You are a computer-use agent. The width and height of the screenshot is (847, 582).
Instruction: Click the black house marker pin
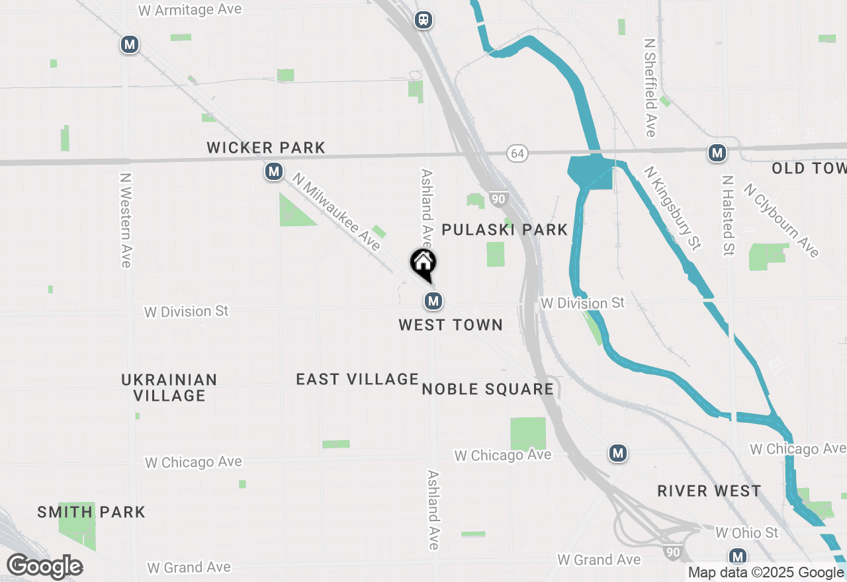click(x=423, y=264)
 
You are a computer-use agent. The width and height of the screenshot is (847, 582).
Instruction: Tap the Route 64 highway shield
click(x=517, y=153)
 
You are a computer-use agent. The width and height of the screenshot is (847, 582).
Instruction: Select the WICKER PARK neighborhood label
click(x=266, y=147)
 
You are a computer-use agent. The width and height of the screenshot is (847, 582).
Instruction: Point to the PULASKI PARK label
click(x=505, y=229)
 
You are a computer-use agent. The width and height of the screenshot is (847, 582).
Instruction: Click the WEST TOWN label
click(x=451, y=325)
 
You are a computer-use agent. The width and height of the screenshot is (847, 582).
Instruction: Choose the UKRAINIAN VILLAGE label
click(x=169, y=388)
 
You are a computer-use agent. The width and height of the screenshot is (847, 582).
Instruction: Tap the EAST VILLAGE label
click(x=357, y=379)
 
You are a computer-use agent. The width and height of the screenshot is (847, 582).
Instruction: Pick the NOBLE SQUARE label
click(x=488, y=389)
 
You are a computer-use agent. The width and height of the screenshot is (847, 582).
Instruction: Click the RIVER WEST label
click(x=709, y=491)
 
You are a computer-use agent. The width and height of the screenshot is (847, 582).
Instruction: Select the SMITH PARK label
click(x=91, y=512)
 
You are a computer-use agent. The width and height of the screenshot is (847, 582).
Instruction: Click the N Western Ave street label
click(x=125, y=220)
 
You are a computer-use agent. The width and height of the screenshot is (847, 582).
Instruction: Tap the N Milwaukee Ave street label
click(x=337, y=212)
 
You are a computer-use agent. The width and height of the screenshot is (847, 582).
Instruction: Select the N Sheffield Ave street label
click(x=650, y=87)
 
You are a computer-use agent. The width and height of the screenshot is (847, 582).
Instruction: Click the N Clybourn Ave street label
click(x=781, y=220)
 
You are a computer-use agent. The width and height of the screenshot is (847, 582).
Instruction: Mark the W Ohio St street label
click(x=747, y=532)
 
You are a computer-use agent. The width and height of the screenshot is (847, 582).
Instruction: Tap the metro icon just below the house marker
click(x=433, y=302)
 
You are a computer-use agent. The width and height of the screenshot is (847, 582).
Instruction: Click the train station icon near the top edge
click(x=423, y=20)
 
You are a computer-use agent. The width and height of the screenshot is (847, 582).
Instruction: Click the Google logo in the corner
click(x=44, y=566)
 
